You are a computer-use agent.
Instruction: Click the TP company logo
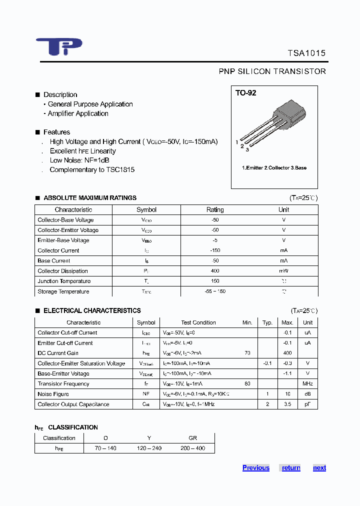58,46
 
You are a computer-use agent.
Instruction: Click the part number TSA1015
306,53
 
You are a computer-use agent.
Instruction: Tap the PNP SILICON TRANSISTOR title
272,71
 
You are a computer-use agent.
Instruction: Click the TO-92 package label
246,93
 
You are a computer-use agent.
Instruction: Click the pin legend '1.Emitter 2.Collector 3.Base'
274,168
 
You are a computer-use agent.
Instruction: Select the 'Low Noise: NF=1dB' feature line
79,160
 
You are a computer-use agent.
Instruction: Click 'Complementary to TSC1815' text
92,169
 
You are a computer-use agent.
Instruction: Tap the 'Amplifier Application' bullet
78,113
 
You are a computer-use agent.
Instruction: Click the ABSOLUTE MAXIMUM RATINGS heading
89,198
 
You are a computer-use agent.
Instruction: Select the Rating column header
215,210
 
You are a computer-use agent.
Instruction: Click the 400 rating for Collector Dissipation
215,271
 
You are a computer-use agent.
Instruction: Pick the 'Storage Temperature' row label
63,291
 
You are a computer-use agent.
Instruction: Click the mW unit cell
283,271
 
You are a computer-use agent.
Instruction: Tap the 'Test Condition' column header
198,322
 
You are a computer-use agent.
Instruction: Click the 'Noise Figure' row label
53,394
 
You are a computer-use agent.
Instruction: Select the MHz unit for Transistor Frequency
307,384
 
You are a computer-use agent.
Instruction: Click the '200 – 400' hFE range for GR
192,448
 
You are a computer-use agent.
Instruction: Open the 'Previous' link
255,468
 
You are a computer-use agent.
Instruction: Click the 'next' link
319,468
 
